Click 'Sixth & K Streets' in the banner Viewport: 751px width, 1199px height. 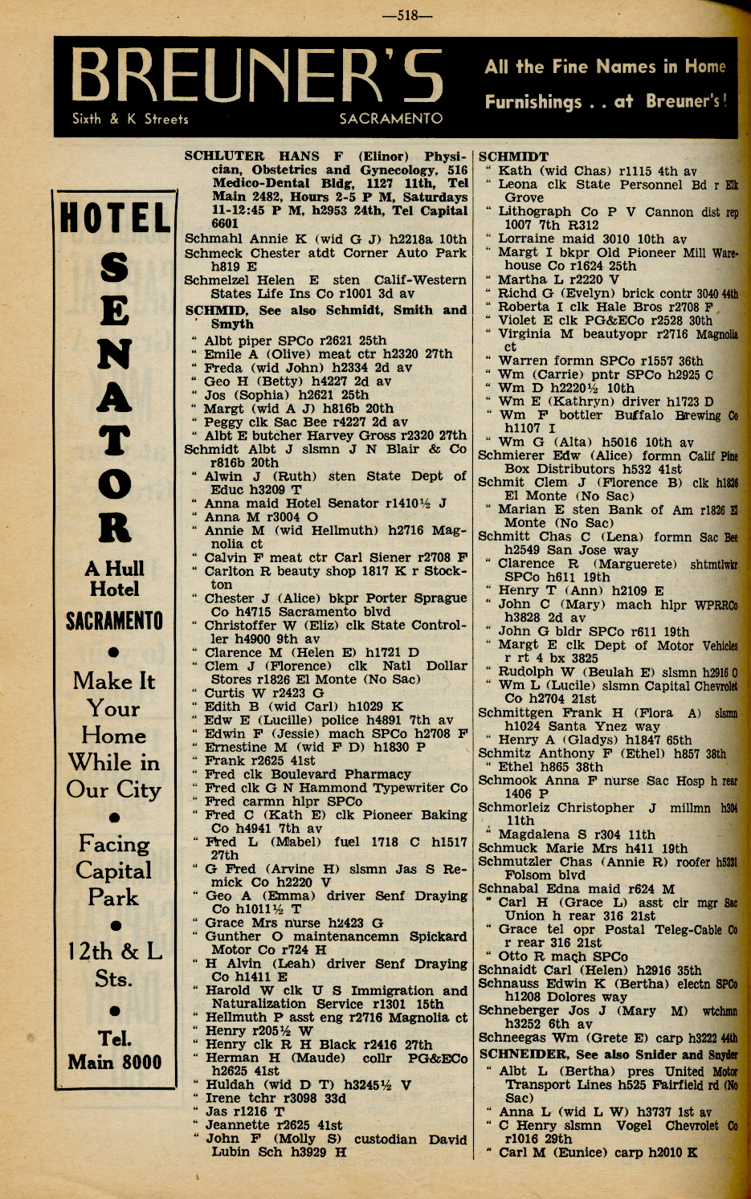coord(130,119)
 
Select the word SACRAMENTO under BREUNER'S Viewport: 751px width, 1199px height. coord(390,119)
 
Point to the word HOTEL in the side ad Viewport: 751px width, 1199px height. coord(116,218)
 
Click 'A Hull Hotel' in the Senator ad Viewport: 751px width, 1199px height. coord(114,578)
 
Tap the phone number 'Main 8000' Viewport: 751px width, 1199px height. coord(114,1062)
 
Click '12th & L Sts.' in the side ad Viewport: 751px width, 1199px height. coord(114,965)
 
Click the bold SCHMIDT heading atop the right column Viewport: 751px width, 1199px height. coord(513,157)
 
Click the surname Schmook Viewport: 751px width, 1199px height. coord(506,780)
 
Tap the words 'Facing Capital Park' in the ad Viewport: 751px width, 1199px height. coord(114,870)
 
